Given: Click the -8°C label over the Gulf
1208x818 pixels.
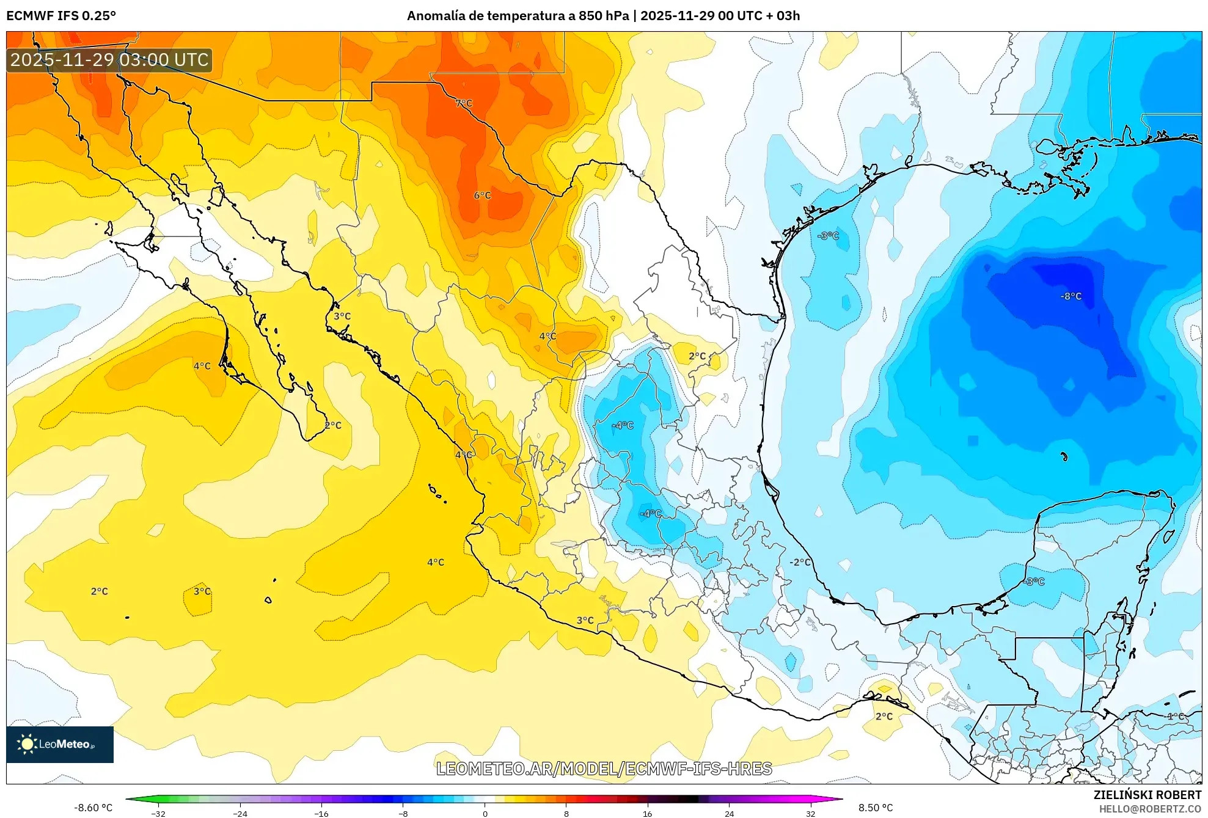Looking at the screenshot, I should click(1071, 296).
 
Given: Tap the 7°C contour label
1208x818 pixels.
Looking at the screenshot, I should click(464, 103).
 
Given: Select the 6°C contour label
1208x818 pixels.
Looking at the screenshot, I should click(482, 195).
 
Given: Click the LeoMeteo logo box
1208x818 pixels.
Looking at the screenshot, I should click(60, 744).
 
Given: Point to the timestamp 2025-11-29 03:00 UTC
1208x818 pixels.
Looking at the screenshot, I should click(109, 60).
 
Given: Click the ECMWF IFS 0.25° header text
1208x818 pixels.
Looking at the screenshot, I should click(61, 16).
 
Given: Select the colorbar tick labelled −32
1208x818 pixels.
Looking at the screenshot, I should click(158, 813).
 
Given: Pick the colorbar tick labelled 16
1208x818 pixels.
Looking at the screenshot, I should click(647, 813).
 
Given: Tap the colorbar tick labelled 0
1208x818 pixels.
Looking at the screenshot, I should click(485, 813).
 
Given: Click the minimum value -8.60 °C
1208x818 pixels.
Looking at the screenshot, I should click(93, 808).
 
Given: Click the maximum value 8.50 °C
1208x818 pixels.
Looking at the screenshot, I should click(875, 808).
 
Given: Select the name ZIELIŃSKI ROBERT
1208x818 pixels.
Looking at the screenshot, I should click(1147, 795).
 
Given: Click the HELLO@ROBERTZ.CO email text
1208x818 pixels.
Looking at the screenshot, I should click(1149, 809).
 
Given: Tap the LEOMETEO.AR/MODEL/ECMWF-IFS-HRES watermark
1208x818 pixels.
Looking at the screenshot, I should click(604, 769).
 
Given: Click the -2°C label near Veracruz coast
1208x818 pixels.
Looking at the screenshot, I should click(800, 562).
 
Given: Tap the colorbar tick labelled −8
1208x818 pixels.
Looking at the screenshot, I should click(403, 813).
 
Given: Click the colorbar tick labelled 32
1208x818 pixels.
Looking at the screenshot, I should click(810, 813).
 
